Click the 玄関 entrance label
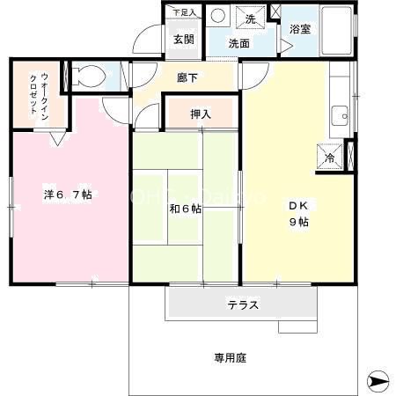[x=183, y=39]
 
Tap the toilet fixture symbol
[x=84, y=77]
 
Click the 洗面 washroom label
[x=239, y=42]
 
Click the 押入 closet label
[x=200, y=113]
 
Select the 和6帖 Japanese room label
[x=186, y=209]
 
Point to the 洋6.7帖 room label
[x=69, y=194]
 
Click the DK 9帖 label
[x=298, y=214]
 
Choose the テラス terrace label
[x=242, y=305]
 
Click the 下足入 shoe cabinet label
[x=183, y=12]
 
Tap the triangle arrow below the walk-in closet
[x=56, y=138]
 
